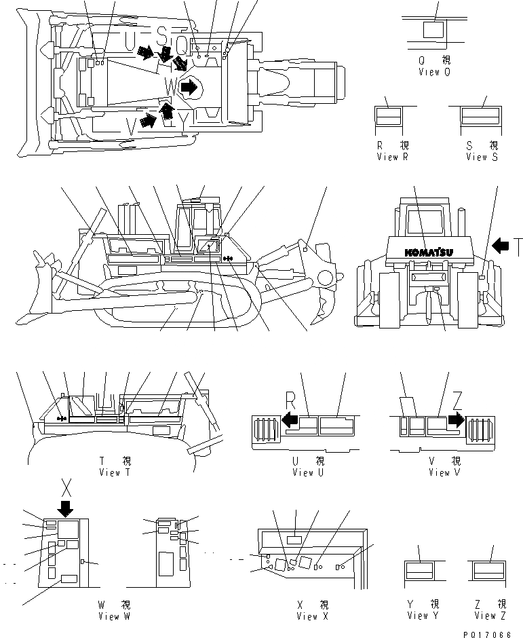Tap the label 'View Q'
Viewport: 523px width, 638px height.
coord(433,71)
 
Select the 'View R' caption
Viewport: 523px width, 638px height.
coord(393,157)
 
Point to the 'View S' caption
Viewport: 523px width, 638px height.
coord(482,157)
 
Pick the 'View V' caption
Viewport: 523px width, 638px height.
coord(439,473)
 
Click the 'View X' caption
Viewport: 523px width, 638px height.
coord(312,616)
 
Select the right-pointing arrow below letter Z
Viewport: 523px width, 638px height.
coord(457,419)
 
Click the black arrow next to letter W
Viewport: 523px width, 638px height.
coord(191,87)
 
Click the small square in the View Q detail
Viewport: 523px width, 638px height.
coord(431,31)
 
